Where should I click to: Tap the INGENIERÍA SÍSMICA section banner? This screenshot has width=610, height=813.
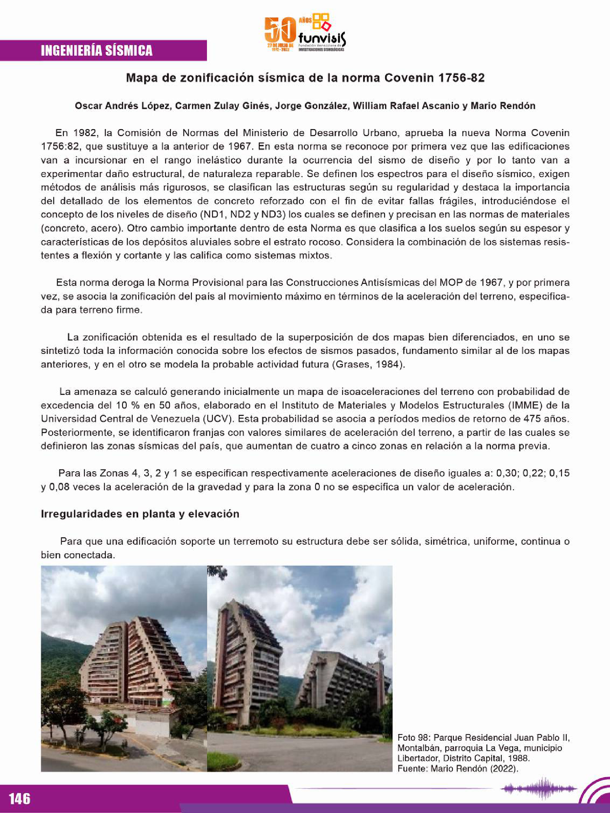click(97, 50)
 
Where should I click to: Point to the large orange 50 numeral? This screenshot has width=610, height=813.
click(281, 30)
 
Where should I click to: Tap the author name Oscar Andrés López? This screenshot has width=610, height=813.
click(123, 106)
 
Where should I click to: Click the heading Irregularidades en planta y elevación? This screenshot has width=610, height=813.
click(140, 514)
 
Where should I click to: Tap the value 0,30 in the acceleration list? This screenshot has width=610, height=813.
click(507, 473)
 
